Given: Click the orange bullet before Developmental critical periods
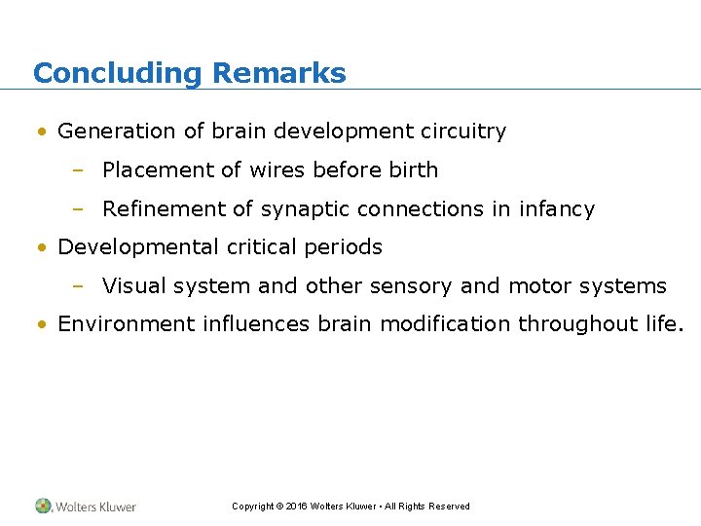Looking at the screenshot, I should tap(43, 247).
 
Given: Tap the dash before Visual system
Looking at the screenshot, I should tap(77, 286).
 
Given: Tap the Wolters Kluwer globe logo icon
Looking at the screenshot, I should tap(44, 506).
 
